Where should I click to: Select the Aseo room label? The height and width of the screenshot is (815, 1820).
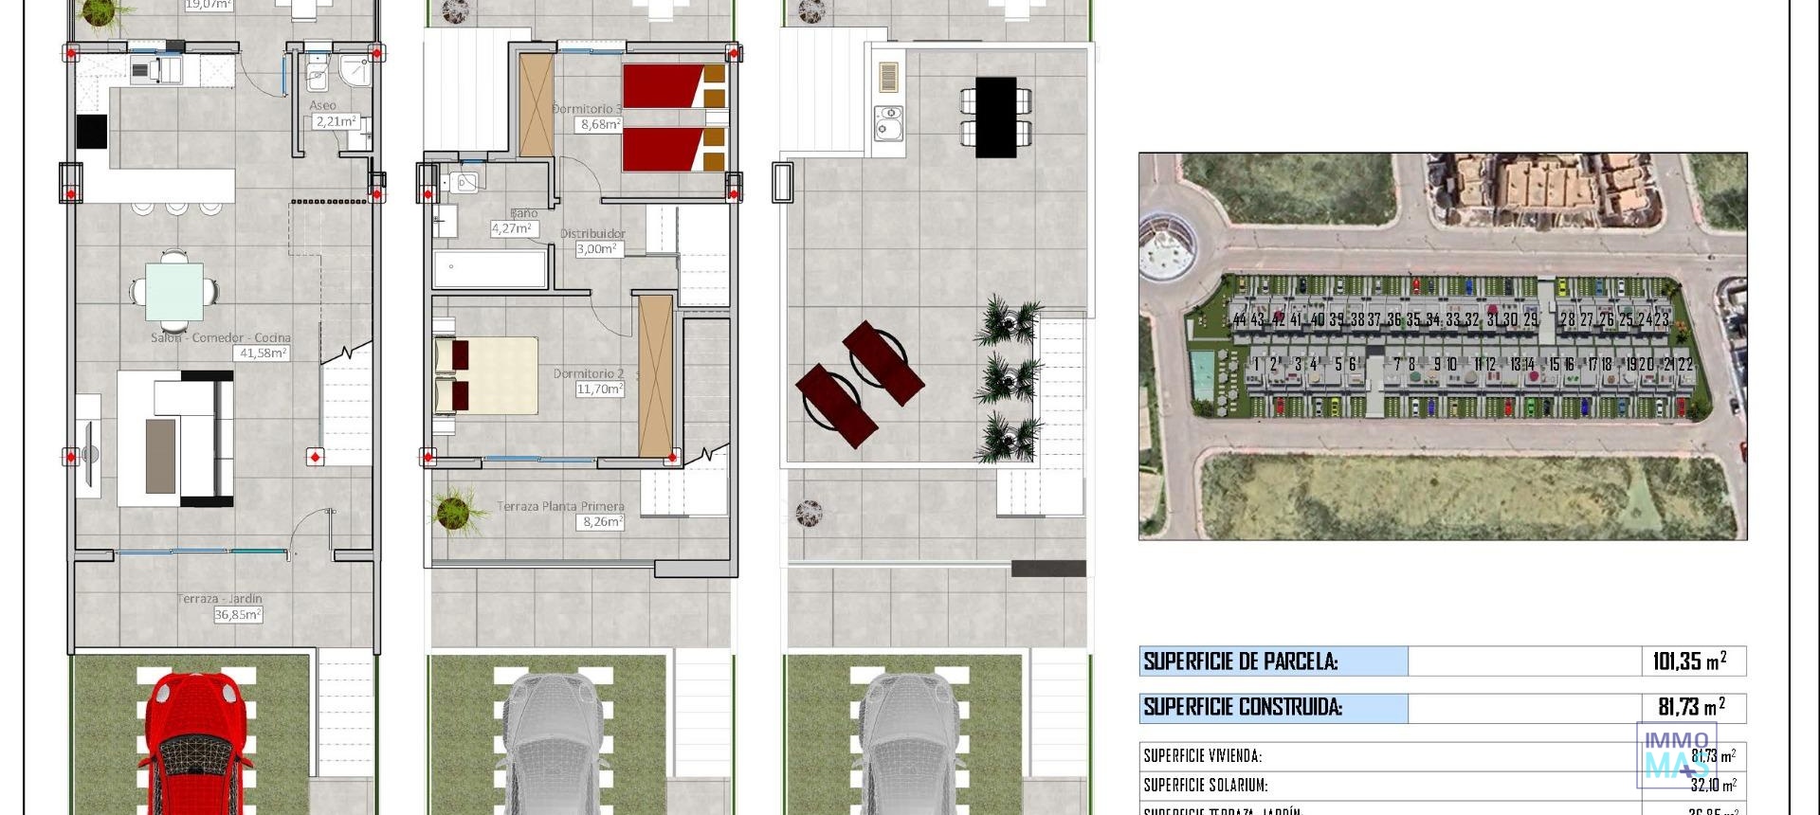(x=322, y=106)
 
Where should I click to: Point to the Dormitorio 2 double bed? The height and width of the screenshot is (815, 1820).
(x=485, y=376)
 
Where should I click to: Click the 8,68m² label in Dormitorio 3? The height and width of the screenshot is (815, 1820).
(x=600, y=124)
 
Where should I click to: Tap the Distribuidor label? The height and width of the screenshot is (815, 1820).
(x=592, y=233)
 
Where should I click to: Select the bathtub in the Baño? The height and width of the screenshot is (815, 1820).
(x=490, y=269)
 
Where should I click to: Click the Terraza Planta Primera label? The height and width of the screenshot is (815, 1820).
(x=560, y=507)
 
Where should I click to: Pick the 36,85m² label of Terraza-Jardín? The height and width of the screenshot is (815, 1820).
(x=237, y=614)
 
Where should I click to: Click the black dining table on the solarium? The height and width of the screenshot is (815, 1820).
(x=995, y=117)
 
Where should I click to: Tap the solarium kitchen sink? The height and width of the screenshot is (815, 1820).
(x=888, y=123)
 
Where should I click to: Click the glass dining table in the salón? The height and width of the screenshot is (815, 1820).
(x=173, y=292)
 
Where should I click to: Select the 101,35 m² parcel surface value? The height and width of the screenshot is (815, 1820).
(x=1689, y=661)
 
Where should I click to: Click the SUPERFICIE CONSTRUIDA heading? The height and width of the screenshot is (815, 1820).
(x=1243, y=707)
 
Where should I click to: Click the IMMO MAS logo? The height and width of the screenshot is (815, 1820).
(x=1676, y=754)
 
